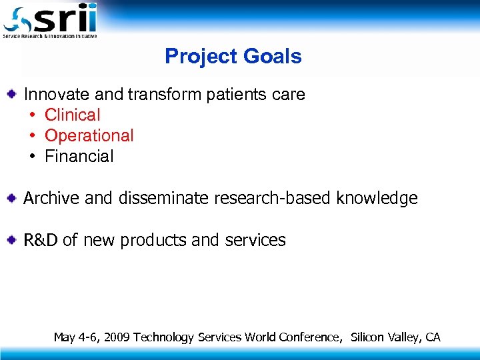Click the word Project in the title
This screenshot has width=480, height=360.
197,57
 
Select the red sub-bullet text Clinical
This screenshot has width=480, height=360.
72,115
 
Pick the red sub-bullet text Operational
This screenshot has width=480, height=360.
89,136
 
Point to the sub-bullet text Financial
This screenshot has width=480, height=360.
79,157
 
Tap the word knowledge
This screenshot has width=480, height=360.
377,199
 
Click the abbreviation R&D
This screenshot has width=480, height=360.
41,241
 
